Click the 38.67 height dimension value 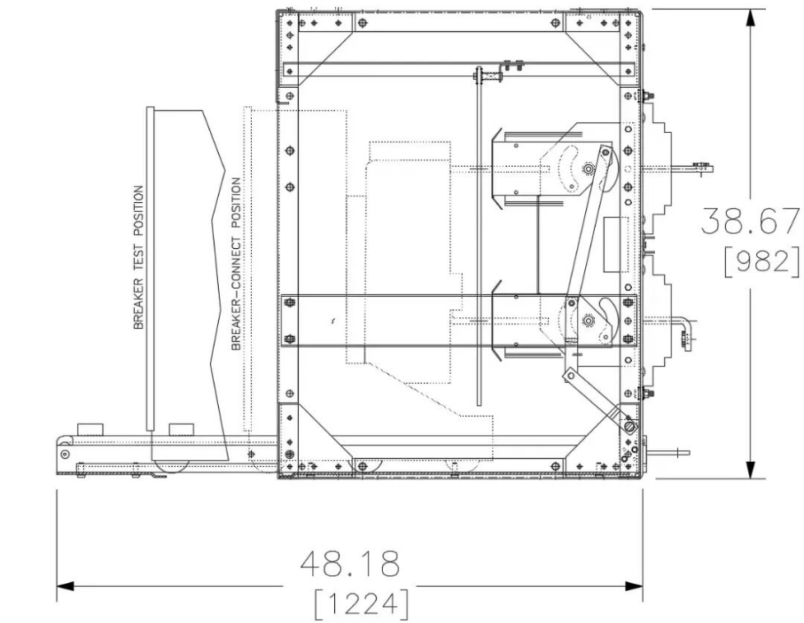750,221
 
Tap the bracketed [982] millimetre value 761,261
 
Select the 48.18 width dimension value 349,564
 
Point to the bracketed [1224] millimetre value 362,604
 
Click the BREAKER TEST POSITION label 138,257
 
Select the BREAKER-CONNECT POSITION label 236,264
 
